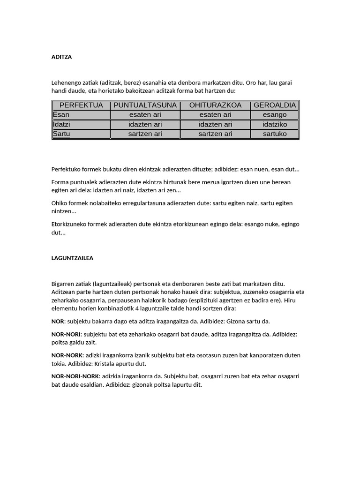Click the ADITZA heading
[61, 57]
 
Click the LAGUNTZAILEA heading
[72, 258]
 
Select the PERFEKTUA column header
[81, 105]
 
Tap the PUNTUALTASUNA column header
[145, 105]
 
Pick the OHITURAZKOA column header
[215, 105]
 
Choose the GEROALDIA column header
[275, 105]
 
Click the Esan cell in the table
[61, 115]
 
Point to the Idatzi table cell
[62, 124]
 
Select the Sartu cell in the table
[62, 134]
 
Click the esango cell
[275, 115]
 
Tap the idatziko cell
[275, 124]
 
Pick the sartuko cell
[275, 134]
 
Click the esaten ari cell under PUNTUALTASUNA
[145, 115]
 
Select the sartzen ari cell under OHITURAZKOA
[215, 134]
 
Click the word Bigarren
[64, 284]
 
